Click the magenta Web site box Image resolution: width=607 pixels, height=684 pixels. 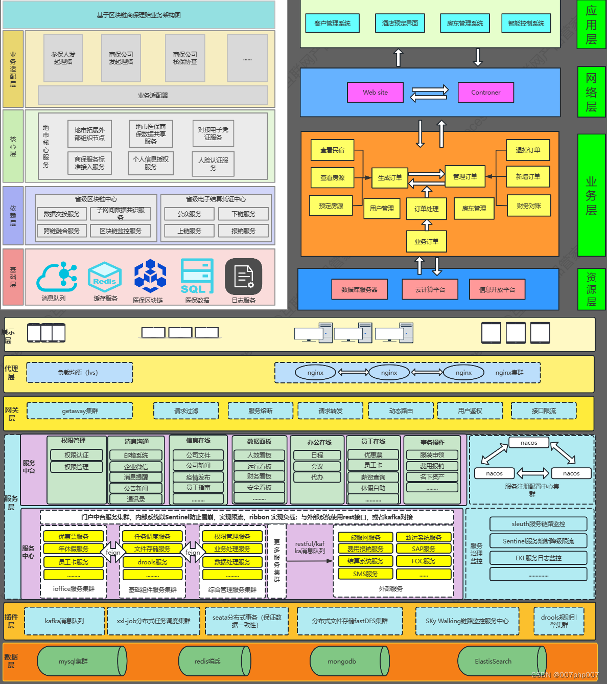(x=375, y=93)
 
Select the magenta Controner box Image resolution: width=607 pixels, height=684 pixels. (x=485, y=93)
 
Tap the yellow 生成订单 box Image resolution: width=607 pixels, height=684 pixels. (x=390, y=177)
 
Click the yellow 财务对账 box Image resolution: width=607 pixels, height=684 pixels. (x=528, y=206)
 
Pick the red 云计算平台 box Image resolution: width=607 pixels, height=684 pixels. (x=430, y=289)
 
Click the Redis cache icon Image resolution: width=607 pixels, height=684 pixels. (x=105, y=277)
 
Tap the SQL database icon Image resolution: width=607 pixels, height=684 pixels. (x=197, y=277)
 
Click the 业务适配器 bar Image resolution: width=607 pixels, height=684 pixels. (x=153, y=95)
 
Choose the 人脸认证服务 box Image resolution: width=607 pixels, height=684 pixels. (x=213, y=164)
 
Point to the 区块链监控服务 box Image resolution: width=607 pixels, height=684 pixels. (x=121, y=231)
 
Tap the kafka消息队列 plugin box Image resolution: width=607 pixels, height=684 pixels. (x=64, y=621)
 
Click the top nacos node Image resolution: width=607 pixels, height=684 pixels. (x=529, y=443)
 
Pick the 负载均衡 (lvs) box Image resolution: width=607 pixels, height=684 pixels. (x=79, y=373)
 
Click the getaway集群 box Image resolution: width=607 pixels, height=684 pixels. (x=80, y=411)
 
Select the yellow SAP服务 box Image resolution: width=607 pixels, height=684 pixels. (x=424, y=549)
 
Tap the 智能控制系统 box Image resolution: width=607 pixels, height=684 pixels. (x=526, y=23)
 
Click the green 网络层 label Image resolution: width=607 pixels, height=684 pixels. (x=591, y=92)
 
